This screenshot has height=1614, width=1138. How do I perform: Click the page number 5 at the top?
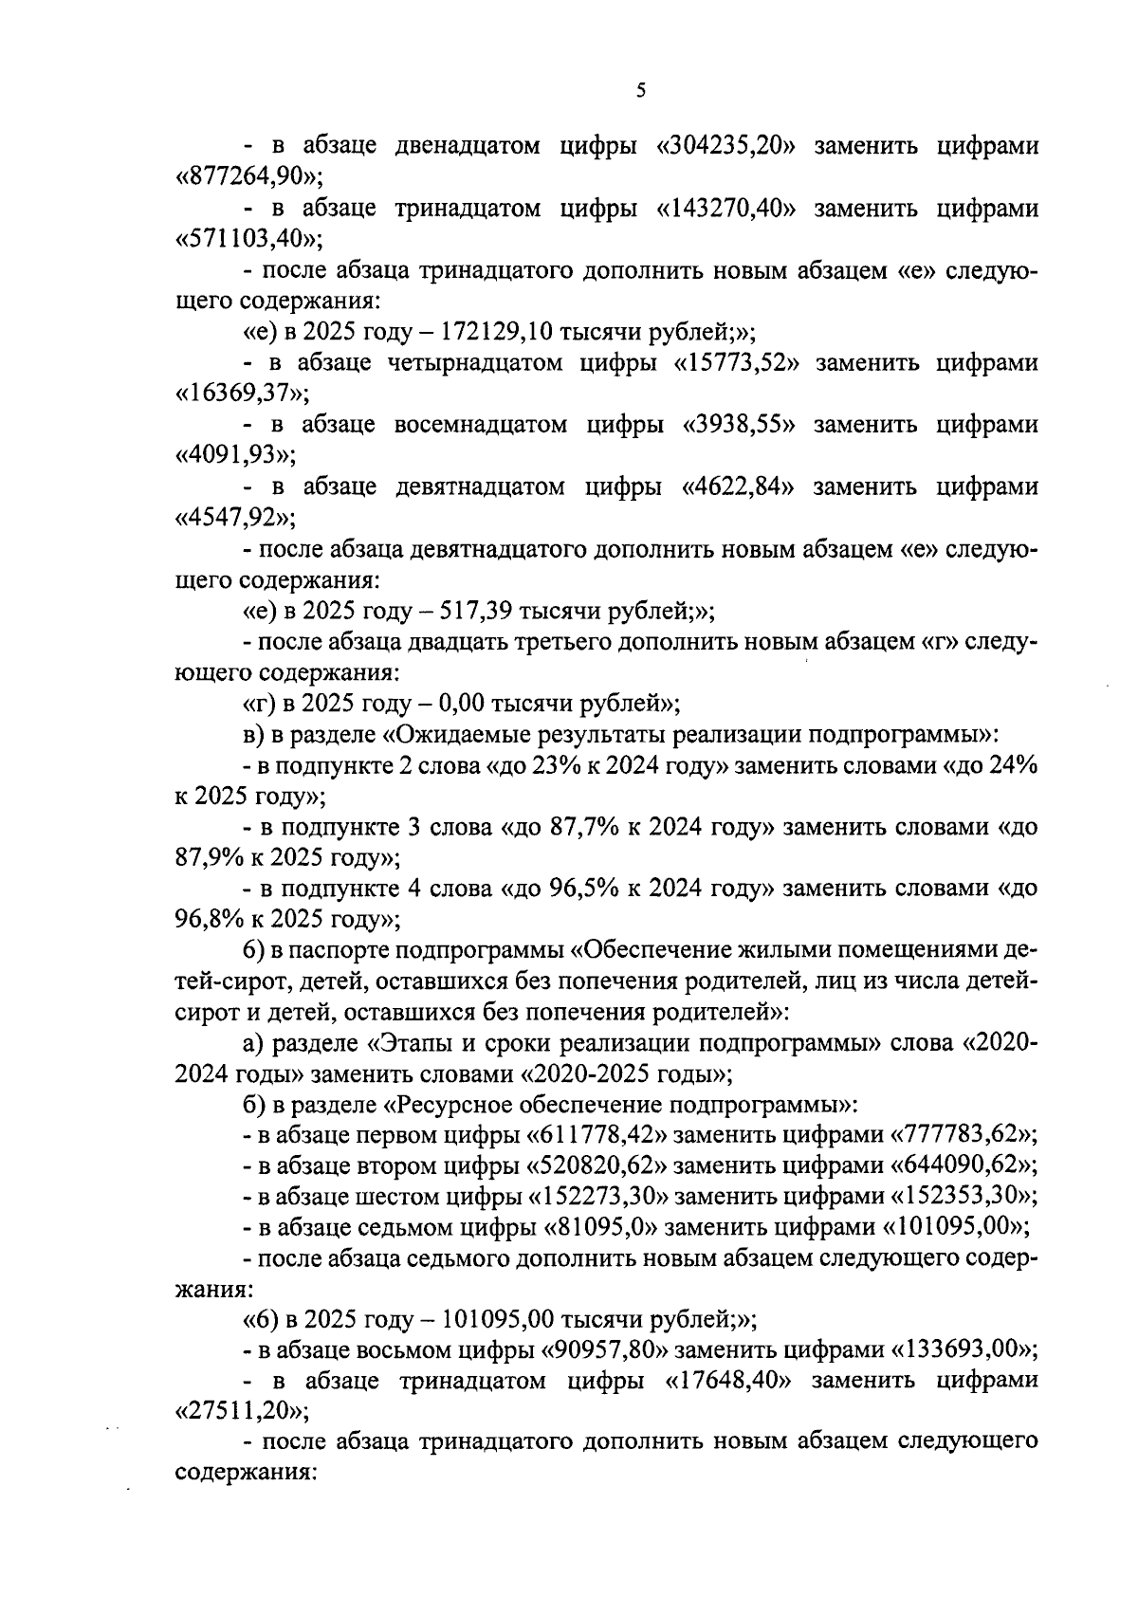click(640, 91)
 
